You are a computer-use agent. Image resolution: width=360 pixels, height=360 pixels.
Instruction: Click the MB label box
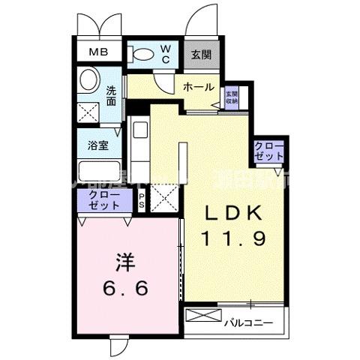99,52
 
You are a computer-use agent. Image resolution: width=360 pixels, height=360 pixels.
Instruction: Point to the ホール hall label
199,87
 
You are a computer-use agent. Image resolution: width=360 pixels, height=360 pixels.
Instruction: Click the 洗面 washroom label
111,96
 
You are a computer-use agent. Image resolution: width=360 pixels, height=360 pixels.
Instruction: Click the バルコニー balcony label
248,322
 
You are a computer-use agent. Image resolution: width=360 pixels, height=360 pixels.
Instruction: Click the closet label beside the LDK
268,150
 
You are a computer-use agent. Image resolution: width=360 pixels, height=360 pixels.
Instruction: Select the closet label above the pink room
103,200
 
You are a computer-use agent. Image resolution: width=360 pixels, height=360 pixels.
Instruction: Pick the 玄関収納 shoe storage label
231,97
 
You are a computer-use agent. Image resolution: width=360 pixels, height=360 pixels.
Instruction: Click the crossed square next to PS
163,200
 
